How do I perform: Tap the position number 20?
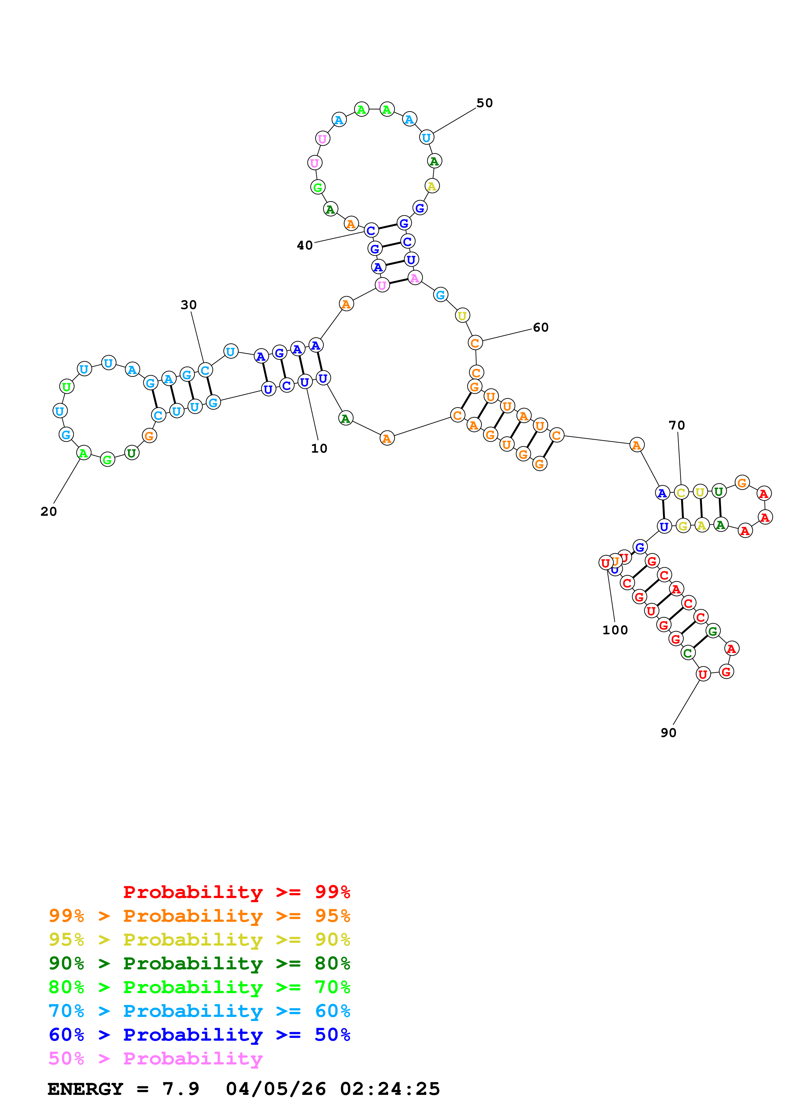(x=49, y=511)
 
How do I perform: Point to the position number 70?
(x=677, y=425)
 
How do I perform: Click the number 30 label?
(x=188, y=305)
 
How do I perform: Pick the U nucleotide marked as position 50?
(x=426, y=138)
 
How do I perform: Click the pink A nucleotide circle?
(x=414, y=278)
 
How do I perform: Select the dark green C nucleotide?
(x=687, y=653)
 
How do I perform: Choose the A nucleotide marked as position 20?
(x=84, y=453)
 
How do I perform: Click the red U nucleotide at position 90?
(x=703, y=674)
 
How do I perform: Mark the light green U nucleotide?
(x=66, y=386)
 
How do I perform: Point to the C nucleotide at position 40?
(x=371, y=230)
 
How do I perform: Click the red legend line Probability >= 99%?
(x=236, y=892)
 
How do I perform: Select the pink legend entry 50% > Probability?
(x=155, y=1058)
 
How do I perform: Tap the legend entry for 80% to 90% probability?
(x=199, y=963)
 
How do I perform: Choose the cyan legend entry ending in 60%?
(x=199, y=1011)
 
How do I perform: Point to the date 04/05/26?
(x=276, y=1089)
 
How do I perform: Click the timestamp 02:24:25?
(x=390, y=1089)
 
